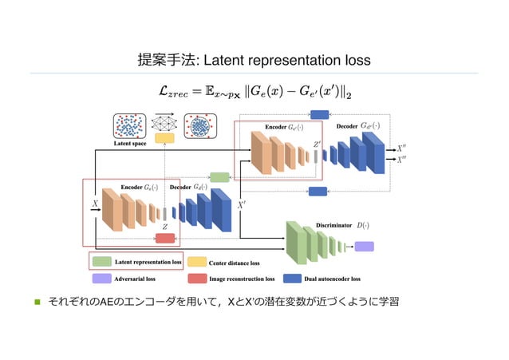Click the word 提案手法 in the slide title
(x=164, y=61)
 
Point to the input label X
(x=94, y=204)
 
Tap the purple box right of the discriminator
(x=364, y=246)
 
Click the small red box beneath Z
(x=165, y=238)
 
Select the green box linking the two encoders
(x=219, y=177)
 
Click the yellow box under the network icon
(x=165, y=138)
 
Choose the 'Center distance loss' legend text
(x=234, y=262)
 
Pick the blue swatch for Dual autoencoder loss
(x=292, y=279)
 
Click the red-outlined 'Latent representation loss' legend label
(x=148, y=261)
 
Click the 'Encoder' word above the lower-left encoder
(x=132, y=187)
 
